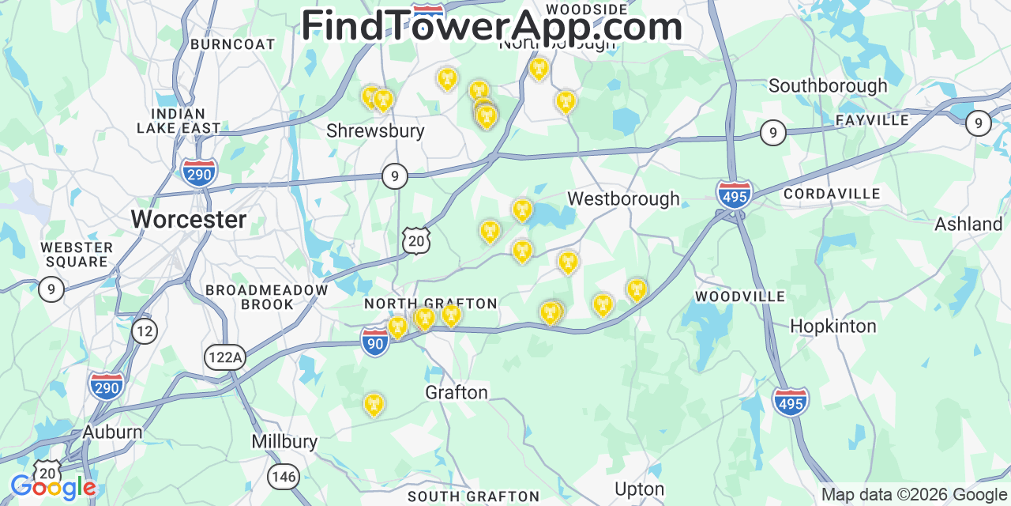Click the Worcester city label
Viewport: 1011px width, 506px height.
click(189, 219)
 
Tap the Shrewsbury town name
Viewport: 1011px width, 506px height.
click(375, 130)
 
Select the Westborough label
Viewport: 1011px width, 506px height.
click(623, 198)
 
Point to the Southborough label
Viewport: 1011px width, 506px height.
click(828, 85)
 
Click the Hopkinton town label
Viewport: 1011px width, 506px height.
click(833, 326)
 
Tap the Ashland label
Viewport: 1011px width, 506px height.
click(968, 224)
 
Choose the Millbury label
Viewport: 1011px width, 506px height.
click(284, 441)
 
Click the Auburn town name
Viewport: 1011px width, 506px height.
click(113, 432)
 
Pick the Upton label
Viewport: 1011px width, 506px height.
click(639, 489)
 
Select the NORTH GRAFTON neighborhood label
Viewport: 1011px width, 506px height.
click(430, 304)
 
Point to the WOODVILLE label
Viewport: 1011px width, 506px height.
click(740, 296)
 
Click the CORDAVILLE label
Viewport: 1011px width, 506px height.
click(832, 194)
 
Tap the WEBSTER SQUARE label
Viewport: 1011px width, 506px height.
click(77, 255)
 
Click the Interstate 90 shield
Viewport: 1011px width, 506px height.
click(375, 342)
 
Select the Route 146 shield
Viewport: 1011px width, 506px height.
click(283, 475)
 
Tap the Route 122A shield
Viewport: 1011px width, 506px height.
click(224, 357)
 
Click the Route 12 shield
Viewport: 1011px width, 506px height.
click(144, 330)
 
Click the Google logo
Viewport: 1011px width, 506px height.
click(53, 488)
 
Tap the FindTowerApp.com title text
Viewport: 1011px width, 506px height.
click(491, 26)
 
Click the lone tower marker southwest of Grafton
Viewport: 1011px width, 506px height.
click(374, 404)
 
